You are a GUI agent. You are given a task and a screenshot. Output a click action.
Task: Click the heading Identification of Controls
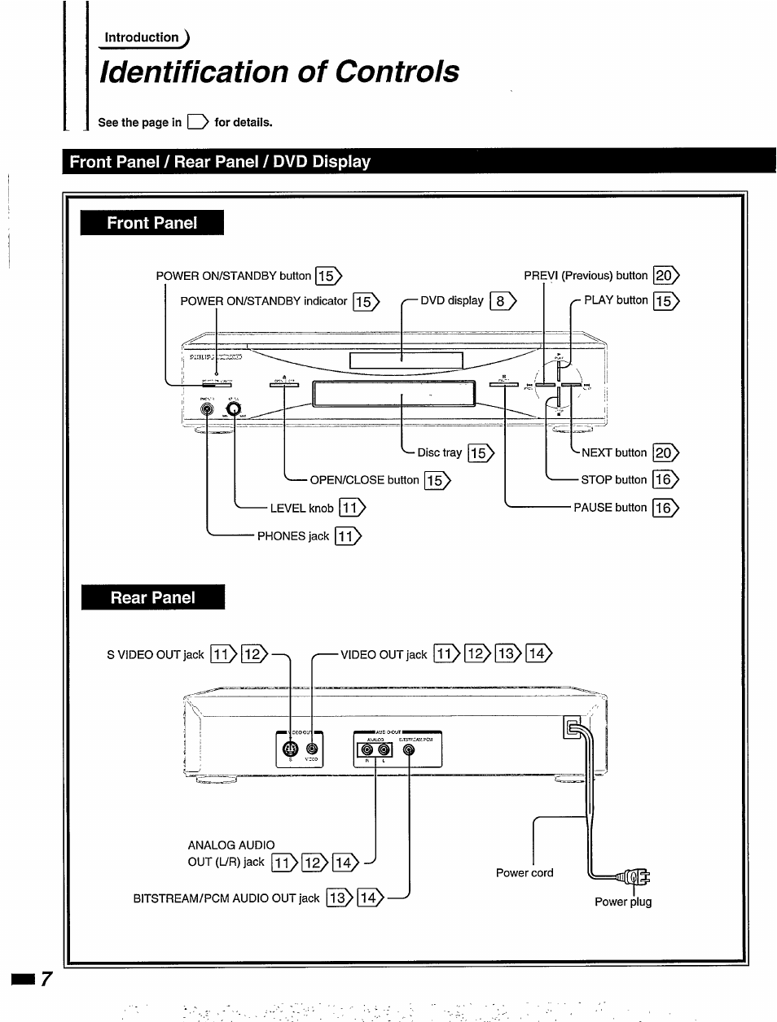pyautogui.click(x=279, y=72)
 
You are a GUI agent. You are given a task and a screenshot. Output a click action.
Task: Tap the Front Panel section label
pyautogui.click(x=152, y=223)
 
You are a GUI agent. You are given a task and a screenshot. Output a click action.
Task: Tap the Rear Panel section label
pyautogui.click(x=153, y=597)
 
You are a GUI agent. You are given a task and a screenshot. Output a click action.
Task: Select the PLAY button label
pyautogui.click(x=616, y=300)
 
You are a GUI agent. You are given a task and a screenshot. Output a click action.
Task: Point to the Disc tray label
pyautogui.click(x=440, y=452)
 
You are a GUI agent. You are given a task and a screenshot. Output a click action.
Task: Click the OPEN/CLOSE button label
pyautogui.click(x=364, y=480)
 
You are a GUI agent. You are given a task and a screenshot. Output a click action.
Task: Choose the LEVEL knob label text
pyautogui.click(x=301, y=509)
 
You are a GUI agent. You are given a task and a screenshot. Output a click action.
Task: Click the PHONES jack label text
pyautogui.click(x=293, y=536)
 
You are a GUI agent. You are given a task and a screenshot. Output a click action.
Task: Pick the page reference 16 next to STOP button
pyautogui.click(x=665, y=480)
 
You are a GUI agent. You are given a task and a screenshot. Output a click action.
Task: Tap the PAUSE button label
pyautogui.click(x=610, y=508)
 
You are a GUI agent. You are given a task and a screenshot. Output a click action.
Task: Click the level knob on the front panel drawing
pyautogui.click(x=234, y=408)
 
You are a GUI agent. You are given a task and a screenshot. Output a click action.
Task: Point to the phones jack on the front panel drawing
pyautogui.click(x=208, y=409)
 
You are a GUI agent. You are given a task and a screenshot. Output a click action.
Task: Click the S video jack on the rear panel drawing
pyautogui.click(x=290, y=749)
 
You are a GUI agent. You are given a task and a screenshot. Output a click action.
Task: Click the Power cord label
pyautogui.click(x=525, y=873)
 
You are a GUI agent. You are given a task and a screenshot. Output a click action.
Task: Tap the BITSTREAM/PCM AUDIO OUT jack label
pyautogui.click(x=226, y=898)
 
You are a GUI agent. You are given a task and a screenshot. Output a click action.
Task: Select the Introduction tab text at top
pyautogui.click(x=142, y=37)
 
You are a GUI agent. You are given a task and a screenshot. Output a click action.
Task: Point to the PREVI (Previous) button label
pyautogui.click(x=586, y=276)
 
